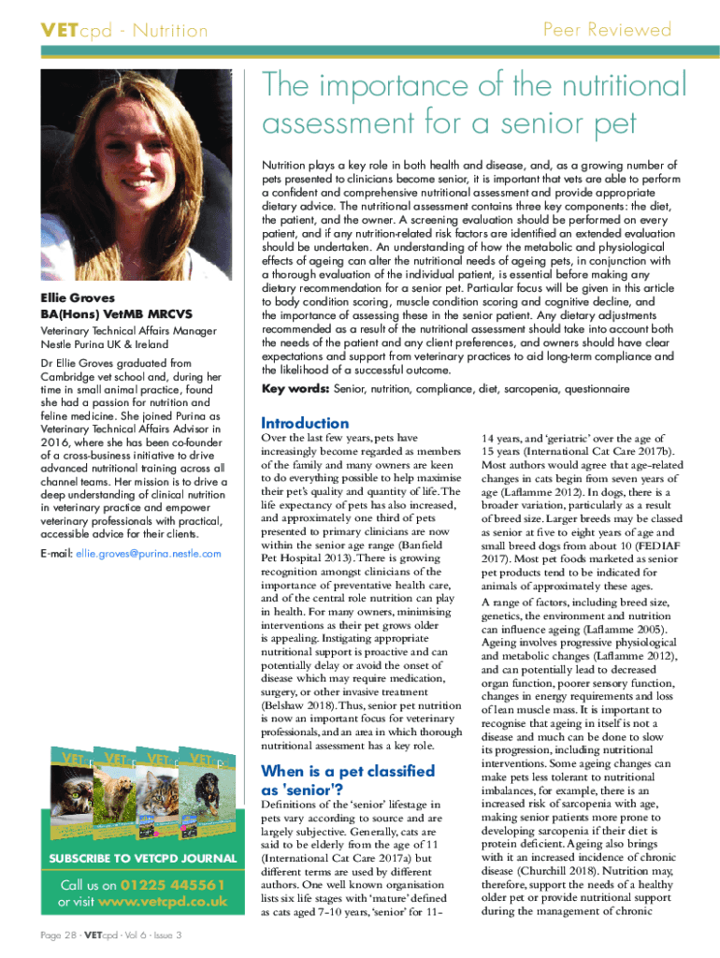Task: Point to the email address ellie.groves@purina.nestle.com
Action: (148, 554)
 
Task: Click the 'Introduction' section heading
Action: (305, 423)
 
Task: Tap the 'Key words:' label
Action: (294, 387)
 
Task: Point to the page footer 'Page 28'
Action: (57, 936)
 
